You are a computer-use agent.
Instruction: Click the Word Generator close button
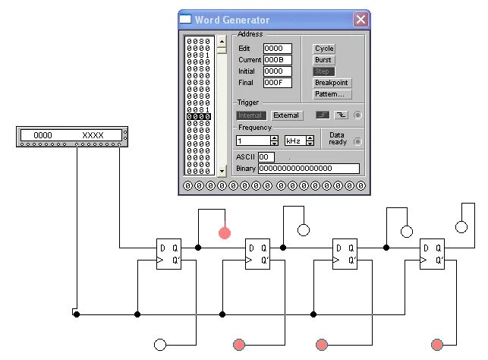360,20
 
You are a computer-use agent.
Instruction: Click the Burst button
323,60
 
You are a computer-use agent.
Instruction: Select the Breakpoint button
332,83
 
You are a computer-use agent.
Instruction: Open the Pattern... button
332,94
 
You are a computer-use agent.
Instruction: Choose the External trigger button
286,115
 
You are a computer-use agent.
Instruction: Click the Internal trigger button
250,115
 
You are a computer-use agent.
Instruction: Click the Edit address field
277,49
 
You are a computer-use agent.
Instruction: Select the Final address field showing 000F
277,83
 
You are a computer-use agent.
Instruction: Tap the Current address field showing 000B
277,60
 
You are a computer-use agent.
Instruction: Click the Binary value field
308,169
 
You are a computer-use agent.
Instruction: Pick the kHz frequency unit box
294,141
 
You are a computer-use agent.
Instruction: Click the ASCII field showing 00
266,157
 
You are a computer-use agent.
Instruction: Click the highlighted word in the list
199,116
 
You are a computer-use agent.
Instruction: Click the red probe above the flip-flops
225,232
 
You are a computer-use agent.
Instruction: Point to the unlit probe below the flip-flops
160,345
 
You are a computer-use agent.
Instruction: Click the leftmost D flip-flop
169,254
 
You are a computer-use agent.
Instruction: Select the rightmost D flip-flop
433,254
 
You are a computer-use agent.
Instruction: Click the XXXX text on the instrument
93,135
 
